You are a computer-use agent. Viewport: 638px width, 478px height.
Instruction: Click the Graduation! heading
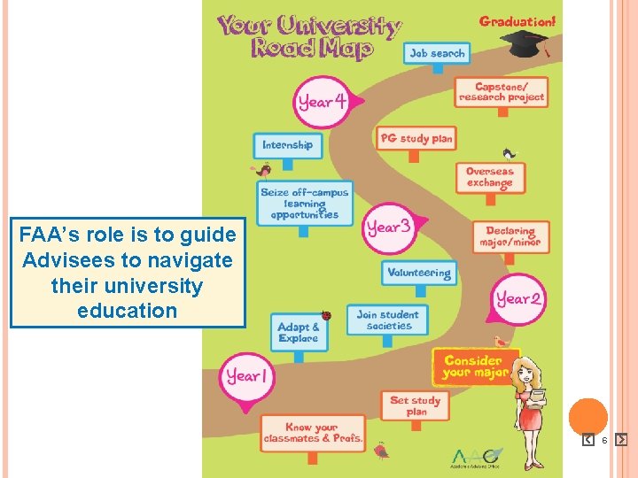pos(518,20)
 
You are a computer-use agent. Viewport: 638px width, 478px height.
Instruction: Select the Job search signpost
pos(437,53)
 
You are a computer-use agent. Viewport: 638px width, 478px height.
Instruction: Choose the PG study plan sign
pos(416,138)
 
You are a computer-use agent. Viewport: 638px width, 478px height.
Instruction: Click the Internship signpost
pos(287,144)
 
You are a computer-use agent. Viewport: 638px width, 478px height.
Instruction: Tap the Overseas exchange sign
pos(490,177)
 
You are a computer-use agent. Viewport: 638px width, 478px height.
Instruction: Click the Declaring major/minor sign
pos(511,236)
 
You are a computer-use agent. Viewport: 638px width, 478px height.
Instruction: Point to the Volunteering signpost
pos(419,273)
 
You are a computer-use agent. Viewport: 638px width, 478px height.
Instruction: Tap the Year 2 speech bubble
pos(518,298)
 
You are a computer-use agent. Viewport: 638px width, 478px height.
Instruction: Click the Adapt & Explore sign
pos(299,333)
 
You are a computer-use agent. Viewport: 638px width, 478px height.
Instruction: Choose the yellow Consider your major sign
pos(474,366)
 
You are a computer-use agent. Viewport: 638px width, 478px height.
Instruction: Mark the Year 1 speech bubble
pos(245,375)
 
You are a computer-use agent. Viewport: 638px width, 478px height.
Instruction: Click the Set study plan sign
pos(415,405)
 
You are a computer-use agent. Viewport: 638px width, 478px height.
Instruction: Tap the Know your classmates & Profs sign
pos(312,432)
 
